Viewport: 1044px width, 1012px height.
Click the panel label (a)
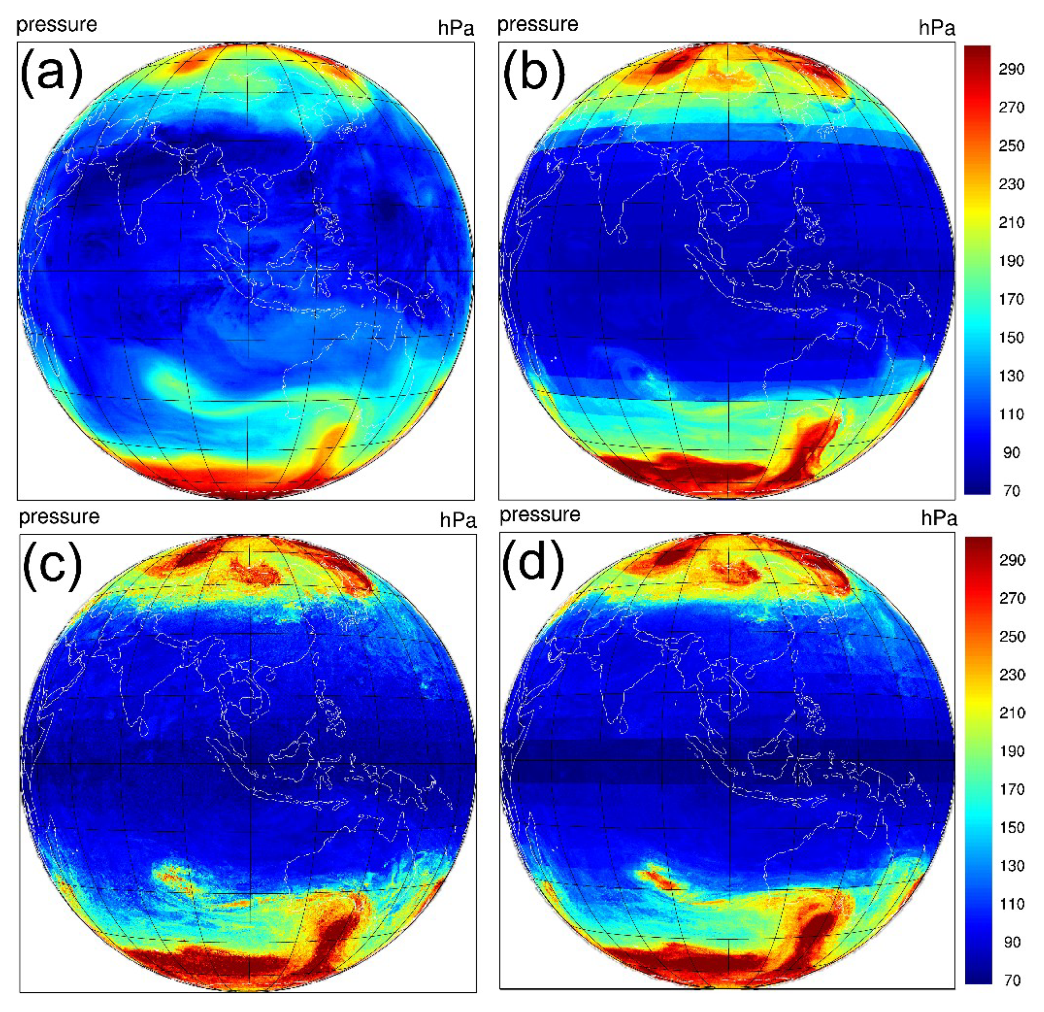(52, 73)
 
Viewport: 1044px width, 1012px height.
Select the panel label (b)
(534, 73)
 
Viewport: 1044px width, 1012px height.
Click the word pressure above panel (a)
(57, 25)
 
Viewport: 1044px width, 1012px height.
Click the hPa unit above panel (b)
(936, 28)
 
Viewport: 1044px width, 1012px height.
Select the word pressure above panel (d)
(540, 515)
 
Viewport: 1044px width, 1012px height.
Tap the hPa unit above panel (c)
(457, 520)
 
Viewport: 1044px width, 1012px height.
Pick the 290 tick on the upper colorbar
(1011, 69)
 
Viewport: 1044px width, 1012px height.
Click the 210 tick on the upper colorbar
(1011, 223)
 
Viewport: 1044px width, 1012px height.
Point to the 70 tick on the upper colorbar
(1011, 491)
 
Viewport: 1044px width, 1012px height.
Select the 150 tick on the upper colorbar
(1011, 338)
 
